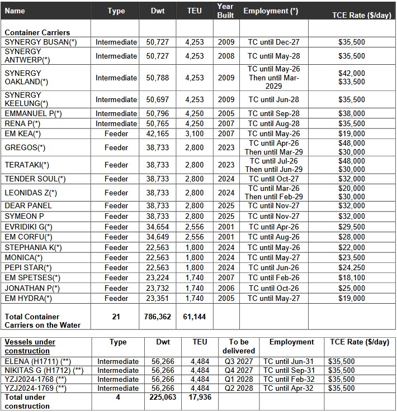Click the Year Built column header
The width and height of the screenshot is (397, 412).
pyautogui.click(x=225, y=11)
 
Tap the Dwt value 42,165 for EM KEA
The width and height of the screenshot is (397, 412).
pyautogui.click(x=157, y=133)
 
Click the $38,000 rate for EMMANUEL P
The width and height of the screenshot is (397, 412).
pyautogui.click(x=351, y=113)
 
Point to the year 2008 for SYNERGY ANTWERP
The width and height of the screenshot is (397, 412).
pyautogui.click(x=226, y=56)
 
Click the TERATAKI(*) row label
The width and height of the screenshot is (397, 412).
pyautogui.click(x=27, y=165)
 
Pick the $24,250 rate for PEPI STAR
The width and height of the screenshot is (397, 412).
pyautogui.click(x=351, y=267)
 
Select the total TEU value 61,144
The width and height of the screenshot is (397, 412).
pyautogui.click(x=194, y=317)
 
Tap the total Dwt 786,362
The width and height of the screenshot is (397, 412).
pyautogui.click(x=157, y=317)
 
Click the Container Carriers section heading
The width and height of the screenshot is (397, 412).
pyautogui.click(x=37, y=32)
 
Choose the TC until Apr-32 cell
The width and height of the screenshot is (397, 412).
pyautogui.click(x=291, y=388)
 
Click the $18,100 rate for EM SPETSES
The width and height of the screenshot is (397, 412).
pyautogui.click(x=351, y=277)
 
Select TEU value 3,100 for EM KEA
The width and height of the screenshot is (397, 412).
pyautogui.click(x=194, y=133)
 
